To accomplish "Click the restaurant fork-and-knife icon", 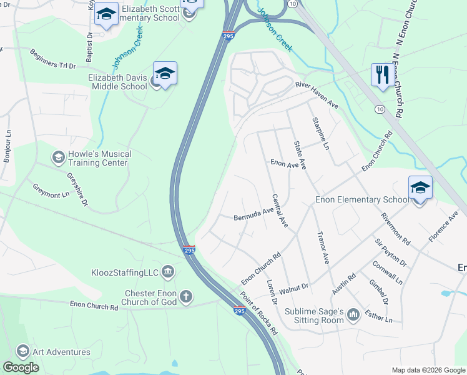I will coord(381,74).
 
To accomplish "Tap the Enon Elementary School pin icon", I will coord(420,187).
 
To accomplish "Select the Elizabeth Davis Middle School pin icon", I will coord(165,74).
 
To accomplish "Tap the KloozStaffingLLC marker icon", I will coord(167,272).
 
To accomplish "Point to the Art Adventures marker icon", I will coord(23,351).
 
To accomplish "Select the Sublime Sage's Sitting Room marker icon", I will coord(353,314).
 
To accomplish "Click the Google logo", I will coord(21,367).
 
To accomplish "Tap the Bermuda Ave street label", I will coord(253,214).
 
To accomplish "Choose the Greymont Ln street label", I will coord(51,190).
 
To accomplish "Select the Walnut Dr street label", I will coord(294,288).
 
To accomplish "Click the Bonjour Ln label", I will coord(7,146).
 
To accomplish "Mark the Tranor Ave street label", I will coord(322,249).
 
